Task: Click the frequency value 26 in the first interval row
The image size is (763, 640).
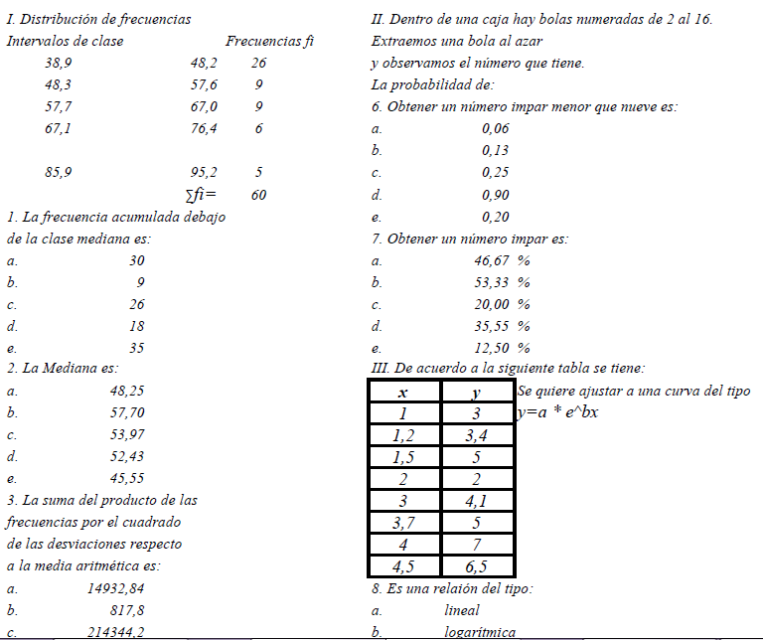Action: pyautogui.click(x=259, y=63)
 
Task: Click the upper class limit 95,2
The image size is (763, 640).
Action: pyautogui.click(x=204, y=172)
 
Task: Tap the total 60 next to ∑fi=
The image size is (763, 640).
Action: pyautogui.click(x=258, y=195)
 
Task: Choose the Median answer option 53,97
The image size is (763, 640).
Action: pyautogui.click(x=126, y=434)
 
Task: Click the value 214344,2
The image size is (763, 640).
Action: pyautogui.click(x=116, y=632)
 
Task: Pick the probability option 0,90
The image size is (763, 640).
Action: pyautogui.click(x=496, y=195)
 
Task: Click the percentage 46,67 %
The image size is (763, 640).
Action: pyautogui.click(x=502, y=260)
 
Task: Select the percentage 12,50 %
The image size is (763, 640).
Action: pyautogui.click(x=502, y=348)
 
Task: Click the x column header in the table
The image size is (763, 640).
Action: pyautogui.click(x=403, y=393)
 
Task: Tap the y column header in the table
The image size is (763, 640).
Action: pyautogui.click(x=476, y=393)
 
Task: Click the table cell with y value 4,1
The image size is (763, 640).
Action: pyautogui.click(x=476, y=501)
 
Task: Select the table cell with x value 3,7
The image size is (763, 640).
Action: pyautogui.click(x=403, y=523)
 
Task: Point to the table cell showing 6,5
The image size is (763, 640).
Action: pyautogui.click(x=476, y=566)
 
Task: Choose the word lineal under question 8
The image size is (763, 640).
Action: pyautogui.click(x=462, y=610)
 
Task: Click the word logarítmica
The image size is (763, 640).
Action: pyautogui.click(x=480, y=632)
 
